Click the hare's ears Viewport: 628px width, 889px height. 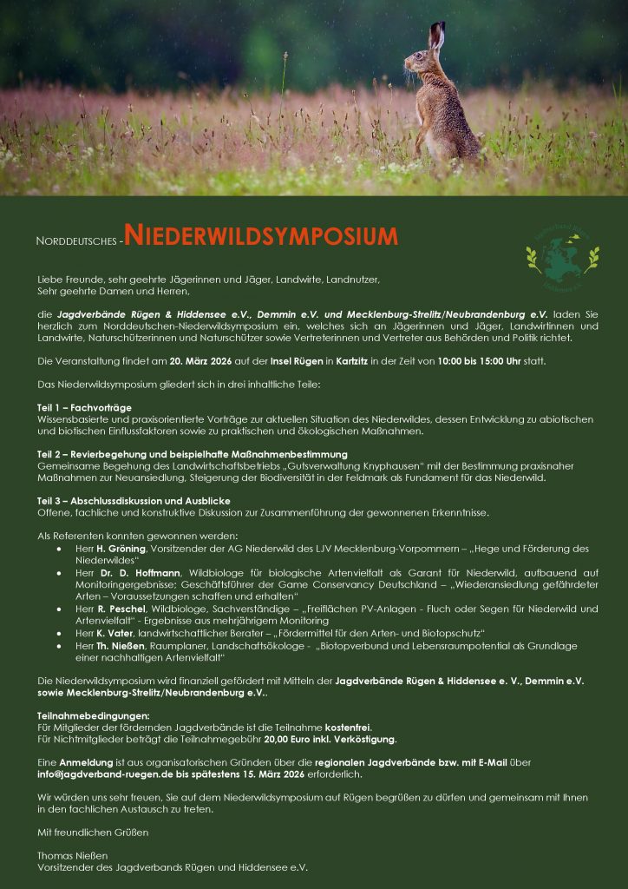[436, 36]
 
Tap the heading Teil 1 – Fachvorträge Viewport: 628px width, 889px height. [83, 407]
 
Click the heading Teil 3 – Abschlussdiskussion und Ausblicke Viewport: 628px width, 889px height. [133, 501]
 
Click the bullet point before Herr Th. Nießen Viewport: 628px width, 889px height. [57, 646]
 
